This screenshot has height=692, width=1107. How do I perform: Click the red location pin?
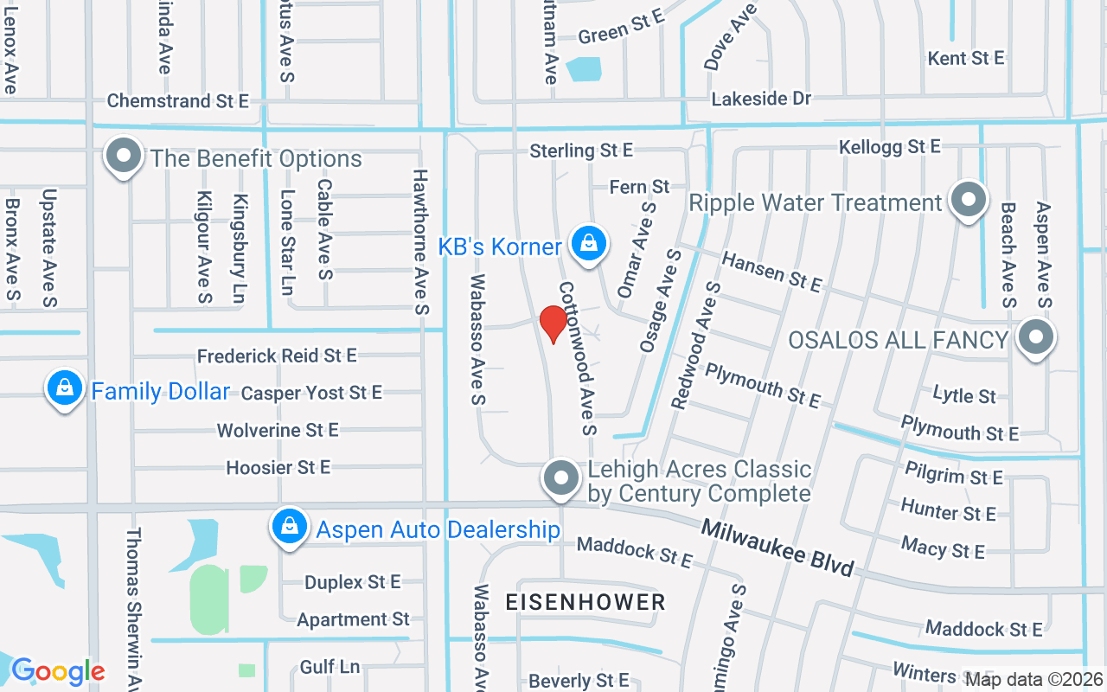pyautogui.click(x=553, y=324)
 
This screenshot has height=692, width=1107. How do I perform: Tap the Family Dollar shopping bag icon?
pyautogui.click(x=65, y=389)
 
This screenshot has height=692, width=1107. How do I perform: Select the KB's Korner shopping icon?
pyautogui.click(x=588, y=244)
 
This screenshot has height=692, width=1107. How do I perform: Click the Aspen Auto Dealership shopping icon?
pyautogui.click(x=290, y=526)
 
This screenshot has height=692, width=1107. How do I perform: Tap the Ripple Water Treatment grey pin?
pyautogui.click(x=968, y=201)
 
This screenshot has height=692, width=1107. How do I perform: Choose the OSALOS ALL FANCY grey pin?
pyautogui.click(x=1034, y=338)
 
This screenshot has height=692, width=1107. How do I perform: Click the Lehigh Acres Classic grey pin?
pyautogui.click(x=561, y=477)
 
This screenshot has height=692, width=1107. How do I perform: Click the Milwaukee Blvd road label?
pyautogui.click(x=777, y=547)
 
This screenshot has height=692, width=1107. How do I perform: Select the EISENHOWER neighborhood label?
pyautogui.click(x=585, y=602)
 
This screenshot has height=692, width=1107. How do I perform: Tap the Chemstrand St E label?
pyautogui.click(x=177, y=101)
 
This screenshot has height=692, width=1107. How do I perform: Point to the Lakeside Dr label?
pyautogui.click(x=761, y=99)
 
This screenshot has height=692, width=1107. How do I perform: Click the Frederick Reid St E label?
pyautogui.click(x=277, y=356)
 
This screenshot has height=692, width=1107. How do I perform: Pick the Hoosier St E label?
pyautogui.click(x=278, y=467)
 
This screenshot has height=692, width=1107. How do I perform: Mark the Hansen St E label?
pyautogui.click(x=771, y=271)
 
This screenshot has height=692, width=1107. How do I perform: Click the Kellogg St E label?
pyautogui.click(x=889, y=147)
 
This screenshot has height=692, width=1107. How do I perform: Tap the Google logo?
pyautogui.click(x=57, y=671)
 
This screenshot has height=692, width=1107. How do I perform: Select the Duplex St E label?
pyautogui.click(x=352, y=582)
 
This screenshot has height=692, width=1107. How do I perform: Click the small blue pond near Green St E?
pyautogui.click(x=583, y=68)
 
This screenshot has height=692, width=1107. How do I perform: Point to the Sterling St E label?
pyautogui.click(x=581, y=151)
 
